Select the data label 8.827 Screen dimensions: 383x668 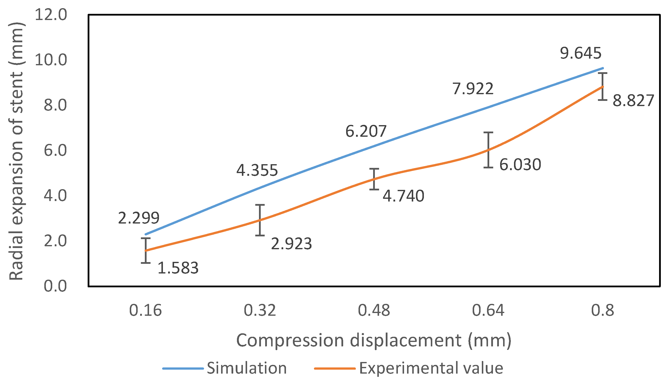pyautogui.click(x=633, y=100)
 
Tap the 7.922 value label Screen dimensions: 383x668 pyautogui.click(x=473, y=89)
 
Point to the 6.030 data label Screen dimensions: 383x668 pyautogui.click(x=520, y=165)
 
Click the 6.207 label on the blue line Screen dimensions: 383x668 pyautogui.click(x=366, y=131)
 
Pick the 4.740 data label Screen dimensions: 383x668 pyautogui.click(x=403, y=196)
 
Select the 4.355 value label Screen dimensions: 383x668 pyautogui.click(x=257, y=170)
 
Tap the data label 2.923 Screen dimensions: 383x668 pyautogui.click(x=291, y=244)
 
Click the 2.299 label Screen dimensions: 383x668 pyautogui.click(x=139, y=218)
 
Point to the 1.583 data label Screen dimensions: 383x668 pyautogui.click(x=178, y=268)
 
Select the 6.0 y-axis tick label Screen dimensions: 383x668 pyautogui.click(x=55, y=151)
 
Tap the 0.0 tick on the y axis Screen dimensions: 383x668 pyautogui.click(x=55, y=286)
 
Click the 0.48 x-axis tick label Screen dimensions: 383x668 pyautogui.click(x=374, y=310)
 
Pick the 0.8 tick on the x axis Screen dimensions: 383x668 pyautogui.click(x=602, y=310)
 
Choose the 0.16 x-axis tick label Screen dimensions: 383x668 pyautogui.click(x=145, y=310)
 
